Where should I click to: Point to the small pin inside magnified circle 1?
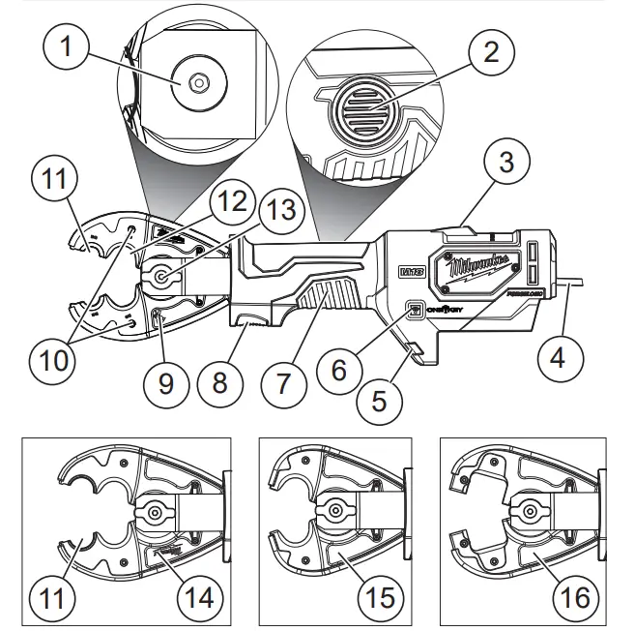196,83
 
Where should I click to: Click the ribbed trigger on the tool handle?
325,299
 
